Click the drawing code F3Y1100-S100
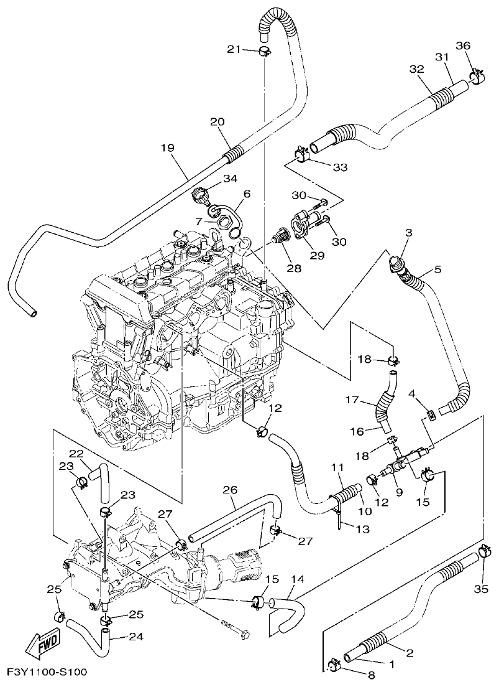[x=47, y=672]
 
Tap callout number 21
[x=234, y=49]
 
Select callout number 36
[x=463, y=45]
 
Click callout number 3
[x=408, y=233]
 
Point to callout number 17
[x=353, y=402]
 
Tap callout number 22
[x=76, y=452]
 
